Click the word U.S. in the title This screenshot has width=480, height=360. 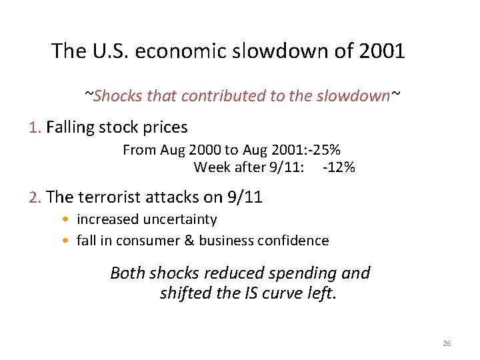pos(109,51)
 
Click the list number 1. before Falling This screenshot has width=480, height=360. pos(36,127)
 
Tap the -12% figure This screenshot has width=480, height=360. pos(339,167)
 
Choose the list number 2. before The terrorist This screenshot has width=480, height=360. pos(36,197)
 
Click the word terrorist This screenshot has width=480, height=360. pos(105,197)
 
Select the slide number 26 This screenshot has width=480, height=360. pos(447,343)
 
